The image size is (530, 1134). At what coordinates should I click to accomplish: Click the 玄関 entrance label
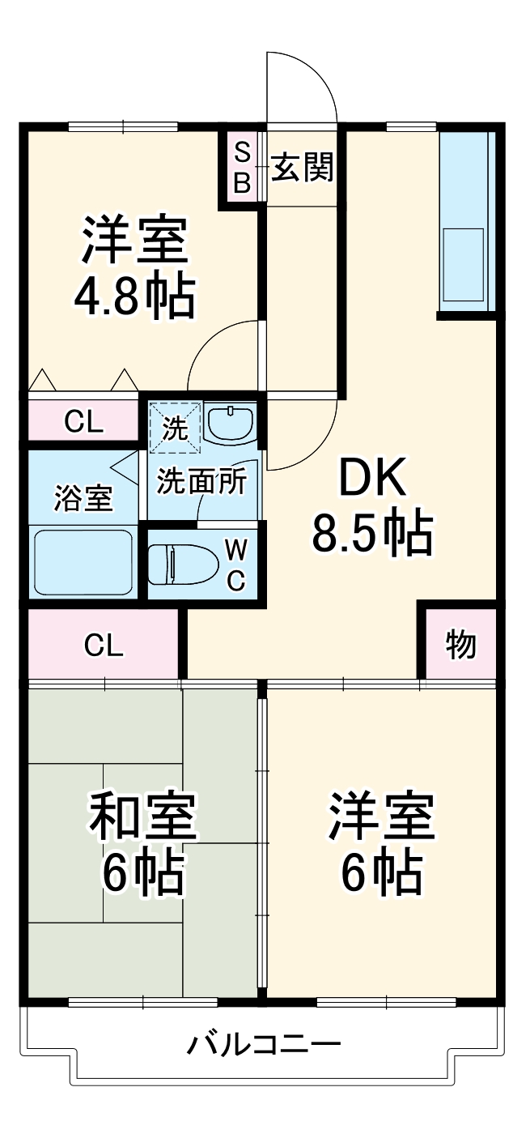(x=302, y=168)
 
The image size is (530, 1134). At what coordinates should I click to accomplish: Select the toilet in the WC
(x=184, y=564)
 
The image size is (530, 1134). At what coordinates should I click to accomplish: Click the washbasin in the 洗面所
(x=231, y=422)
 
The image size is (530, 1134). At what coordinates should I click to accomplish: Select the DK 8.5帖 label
(x=371, y=508)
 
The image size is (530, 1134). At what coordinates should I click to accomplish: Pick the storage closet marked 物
(x=460, y=645)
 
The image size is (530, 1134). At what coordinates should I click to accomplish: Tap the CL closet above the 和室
(x=104, y=645)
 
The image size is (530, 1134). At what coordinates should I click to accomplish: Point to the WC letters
(x=235, y=565)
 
